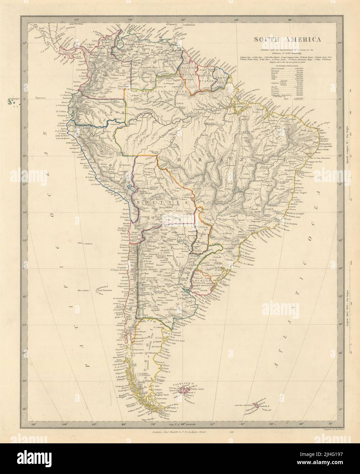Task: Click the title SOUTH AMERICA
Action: (286, 39)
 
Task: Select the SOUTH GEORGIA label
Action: (244, 405)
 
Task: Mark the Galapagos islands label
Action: (14, 100)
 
